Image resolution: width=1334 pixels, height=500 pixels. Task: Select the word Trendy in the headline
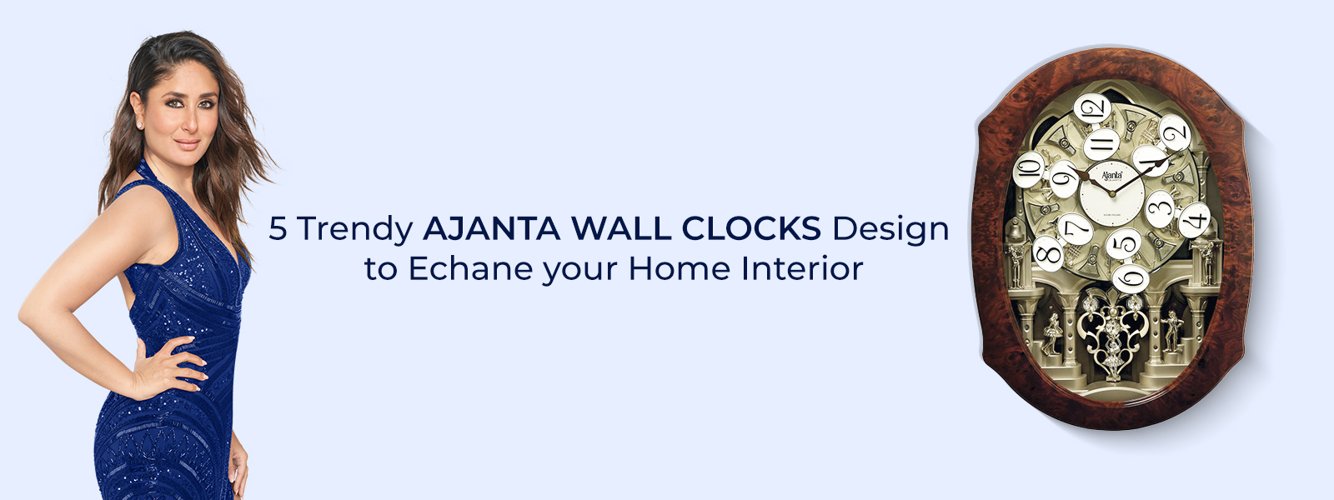(x=354, y=230)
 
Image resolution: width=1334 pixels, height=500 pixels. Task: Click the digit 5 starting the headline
(x=278, y=228)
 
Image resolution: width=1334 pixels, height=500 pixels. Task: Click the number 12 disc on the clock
(x=1092, y=108)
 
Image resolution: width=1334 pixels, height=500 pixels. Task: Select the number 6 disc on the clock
(x=1131, y=278)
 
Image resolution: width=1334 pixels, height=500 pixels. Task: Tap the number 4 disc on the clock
(x=1194, y=220)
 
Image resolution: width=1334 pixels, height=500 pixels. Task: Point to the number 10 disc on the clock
(x=1029, y=169)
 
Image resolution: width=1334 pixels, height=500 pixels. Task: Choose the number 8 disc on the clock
(x=1047, y=253)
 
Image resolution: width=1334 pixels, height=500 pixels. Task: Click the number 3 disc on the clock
(x=1160, y=208)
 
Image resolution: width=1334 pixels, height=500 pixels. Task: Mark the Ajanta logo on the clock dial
(x=1111, y=176)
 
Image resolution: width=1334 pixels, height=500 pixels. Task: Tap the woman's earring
(x=141, y=125)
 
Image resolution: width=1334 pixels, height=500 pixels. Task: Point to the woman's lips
(x=187, y=145)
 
